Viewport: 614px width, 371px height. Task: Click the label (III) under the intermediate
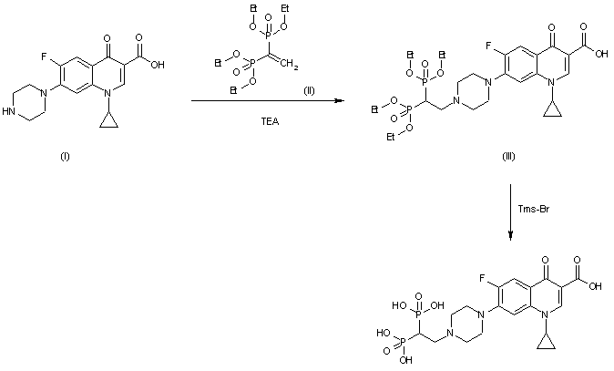pos(510,156)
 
